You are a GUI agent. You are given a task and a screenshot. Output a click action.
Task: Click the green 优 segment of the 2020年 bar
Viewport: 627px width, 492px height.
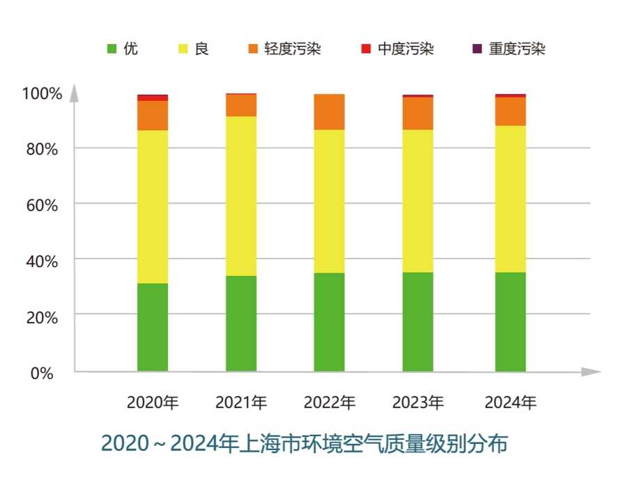coord(153,327)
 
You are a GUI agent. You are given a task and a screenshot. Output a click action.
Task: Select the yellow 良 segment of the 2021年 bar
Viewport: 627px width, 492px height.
coord(241,196)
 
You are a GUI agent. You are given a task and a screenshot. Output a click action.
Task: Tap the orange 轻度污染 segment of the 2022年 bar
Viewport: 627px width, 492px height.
coord(330,112)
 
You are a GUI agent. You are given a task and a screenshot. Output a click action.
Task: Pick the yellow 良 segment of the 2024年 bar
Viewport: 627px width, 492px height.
coord(511,199)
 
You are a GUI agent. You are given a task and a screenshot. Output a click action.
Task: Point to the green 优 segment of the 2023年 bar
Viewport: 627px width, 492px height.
coord(418,321)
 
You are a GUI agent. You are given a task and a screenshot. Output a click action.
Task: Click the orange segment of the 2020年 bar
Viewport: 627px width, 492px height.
coord(153,116)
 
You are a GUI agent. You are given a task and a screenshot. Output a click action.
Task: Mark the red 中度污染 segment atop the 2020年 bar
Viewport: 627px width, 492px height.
coord(153,98)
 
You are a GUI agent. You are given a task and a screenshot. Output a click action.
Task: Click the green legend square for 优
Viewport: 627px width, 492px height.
coord(111,49)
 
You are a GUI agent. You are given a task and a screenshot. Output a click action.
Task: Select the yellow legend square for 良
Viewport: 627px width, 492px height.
coord(184,49)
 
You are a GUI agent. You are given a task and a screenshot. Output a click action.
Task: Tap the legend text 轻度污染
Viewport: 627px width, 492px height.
coord(293,49)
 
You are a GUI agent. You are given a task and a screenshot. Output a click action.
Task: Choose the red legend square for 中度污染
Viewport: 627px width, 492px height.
coord(366,49)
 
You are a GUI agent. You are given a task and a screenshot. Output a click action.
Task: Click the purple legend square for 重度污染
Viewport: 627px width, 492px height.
coord(477,49)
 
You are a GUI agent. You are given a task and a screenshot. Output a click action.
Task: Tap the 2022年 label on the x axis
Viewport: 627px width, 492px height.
coord(330,403)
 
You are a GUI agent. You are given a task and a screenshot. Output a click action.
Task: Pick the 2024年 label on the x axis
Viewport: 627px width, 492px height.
coord(511,403)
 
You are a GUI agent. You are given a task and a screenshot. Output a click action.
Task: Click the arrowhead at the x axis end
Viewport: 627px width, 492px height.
coord(591,371)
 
